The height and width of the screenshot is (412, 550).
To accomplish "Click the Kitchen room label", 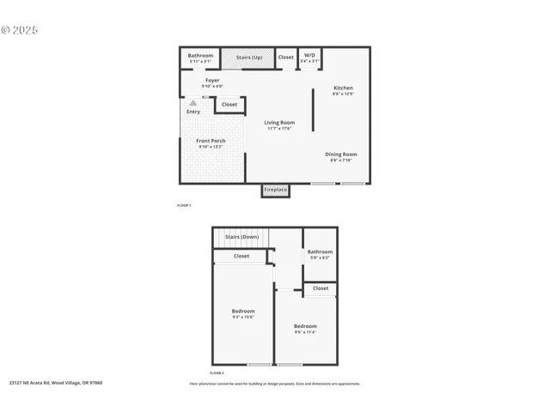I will point(343,88).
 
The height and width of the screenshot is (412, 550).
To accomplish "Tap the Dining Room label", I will point(340,154).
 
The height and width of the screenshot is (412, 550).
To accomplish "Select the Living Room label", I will point(279,123).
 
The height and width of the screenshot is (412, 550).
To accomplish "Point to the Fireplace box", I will point(275,190).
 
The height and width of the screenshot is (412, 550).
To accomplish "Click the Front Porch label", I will point(211,141).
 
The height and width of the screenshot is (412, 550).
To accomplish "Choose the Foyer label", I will point(212,81).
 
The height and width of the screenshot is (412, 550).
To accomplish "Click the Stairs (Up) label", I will point(248,58).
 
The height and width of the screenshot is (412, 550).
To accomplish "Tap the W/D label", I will point(309,56).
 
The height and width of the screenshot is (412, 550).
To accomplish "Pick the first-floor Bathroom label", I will point(200,56).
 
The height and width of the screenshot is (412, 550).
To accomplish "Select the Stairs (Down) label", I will point(241,236).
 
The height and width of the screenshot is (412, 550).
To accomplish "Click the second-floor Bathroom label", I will point(321,251).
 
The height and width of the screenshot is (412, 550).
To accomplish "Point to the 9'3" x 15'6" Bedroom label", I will point(243,311).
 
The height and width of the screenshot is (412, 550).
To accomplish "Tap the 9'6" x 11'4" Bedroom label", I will point(305,326).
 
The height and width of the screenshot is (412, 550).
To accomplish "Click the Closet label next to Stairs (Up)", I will point(285,58).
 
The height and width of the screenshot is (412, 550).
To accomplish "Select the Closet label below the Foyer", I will point(229,105).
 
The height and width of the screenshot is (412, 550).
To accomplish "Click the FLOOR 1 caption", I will point(184,206).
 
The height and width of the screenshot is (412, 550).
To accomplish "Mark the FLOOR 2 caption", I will point(217,373).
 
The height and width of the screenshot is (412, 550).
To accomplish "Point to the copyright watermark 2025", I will point(21,29).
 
